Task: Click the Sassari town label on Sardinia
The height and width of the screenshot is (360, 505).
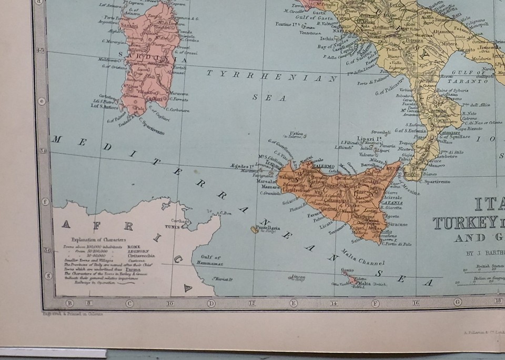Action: point(128,25)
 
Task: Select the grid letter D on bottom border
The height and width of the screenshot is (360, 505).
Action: point(211,303)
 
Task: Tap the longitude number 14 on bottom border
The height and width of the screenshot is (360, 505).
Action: point(334,303)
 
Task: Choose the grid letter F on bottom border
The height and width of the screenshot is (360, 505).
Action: point(375,303)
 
